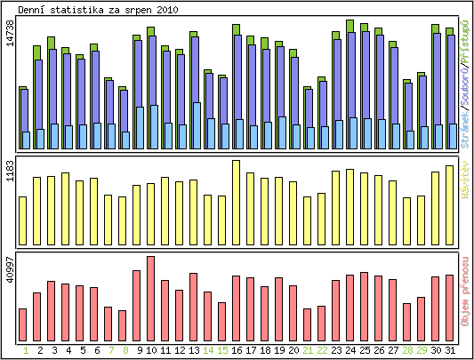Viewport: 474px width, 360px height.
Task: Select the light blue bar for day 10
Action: tap(155, 127)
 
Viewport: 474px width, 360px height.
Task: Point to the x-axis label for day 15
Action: tap(222, 350)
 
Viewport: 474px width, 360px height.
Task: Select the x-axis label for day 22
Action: tap(322, 350)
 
